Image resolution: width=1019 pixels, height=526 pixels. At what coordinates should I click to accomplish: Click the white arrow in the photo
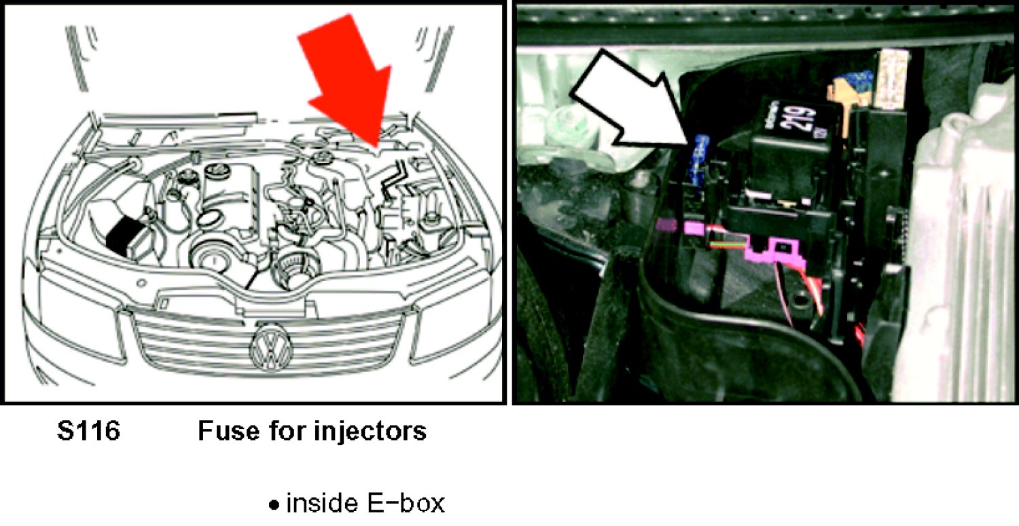(x=632, y=102)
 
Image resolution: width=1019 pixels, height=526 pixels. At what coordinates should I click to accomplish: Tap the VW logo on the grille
(x=272, y=347)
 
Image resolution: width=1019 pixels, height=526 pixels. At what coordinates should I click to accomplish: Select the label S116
(x=88, y=431)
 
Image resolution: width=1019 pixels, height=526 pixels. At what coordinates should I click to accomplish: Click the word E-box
(x=405, y=504)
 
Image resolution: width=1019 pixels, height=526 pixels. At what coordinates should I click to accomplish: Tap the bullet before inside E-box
(x=274, y=505)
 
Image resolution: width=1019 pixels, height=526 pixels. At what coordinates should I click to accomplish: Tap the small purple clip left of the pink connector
(x=668, y=225)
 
